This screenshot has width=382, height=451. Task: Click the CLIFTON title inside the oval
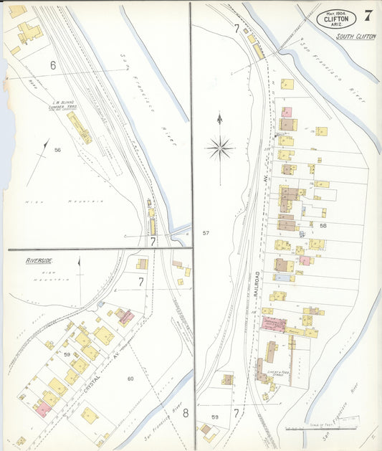336,19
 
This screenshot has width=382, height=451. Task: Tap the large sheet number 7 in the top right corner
368,16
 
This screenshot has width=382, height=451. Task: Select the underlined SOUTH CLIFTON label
355,37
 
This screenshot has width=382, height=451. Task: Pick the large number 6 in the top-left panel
52,65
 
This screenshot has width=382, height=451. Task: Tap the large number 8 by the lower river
184,412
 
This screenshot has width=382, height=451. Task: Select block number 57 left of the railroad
206,233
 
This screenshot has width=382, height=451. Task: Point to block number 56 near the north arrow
57,150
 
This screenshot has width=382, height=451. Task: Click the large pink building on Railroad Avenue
275,324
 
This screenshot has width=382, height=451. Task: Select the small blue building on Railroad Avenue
283,277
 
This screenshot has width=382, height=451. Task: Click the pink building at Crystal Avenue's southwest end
44,409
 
